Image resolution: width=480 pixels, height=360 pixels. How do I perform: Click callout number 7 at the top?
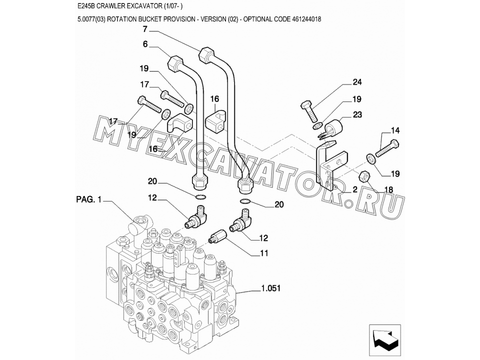click(x=145, y=29)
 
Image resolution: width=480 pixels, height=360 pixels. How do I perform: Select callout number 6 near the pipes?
click(x=145, y=44)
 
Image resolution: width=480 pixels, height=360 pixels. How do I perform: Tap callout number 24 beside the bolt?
click(x=357, y=82)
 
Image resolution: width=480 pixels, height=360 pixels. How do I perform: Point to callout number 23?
click(x=357, y=114)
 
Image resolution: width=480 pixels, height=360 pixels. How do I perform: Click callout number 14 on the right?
click(x=395, y=130)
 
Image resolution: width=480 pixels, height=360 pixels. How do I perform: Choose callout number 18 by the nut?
click(x=388, y=189)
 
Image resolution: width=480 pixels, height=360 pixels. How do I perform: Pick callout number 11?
click(x=264, y=253)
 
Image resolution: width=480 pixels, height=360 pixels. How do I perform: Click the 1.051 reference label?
click(x=270, y=288)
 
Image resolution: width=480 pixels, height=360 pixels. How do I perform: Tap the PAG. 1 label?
click(x=89, y=199)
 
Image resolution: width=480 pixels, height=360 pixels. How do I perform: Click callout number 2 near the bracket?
click(x=355, y=190)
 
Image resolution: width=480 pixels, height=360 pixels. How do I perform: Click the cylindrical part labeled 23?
click(x=333, y=127)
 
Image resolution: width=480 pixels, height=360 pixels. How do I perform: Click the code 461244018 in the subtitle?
click(x=306, y=19)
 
